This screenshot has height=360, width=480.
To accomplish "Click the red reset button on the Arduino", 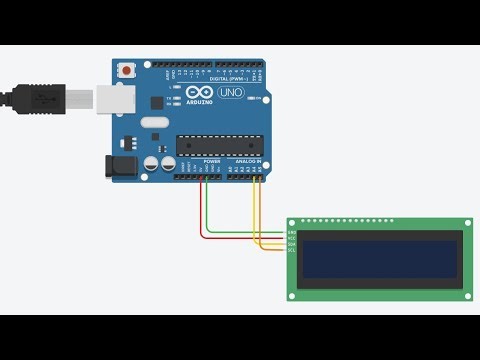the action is [x=127, y=71].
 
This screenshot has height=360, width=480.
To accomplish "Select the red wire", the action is [x=203, y=215].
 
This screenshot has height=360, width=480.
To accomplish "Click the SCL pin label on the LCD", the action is [x=292, y=249].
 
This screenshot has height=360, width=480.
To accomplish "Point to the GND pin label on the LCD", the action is [x=292, y=233].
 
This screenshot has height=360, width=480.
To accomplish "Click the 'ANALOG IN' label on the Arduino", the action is [x=246, y=161].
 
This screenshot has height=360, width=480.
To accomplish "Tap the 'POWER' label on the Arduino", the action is [x=211, y=161].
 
